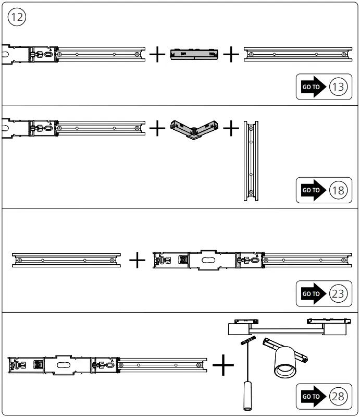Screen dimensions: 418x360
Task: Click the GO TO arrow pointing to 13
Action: click(311, 87)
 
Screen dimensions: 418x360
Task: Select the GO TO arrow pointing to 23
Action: click(311, 294)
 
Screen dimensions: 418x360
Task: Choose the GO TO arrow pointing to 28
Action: click(311, 397)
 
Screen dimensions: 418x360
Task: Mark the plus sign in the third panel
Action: click(137, 259)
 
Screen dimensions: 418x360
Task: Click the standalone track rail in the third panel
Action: click(65, 259)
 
